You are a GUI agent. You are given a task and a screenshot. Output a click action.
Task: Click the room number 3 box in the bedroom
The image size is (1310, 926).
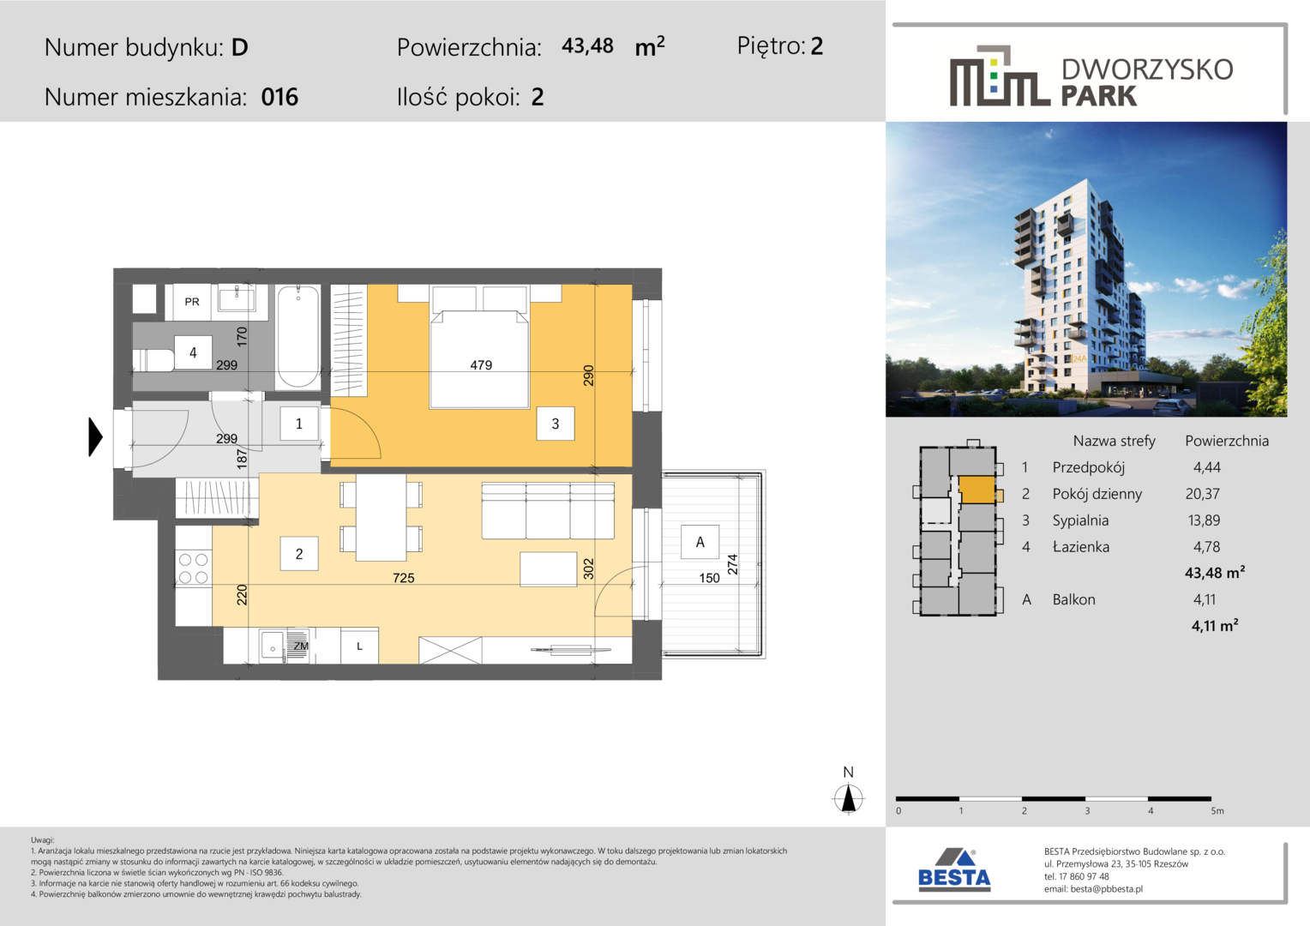click(555, 424)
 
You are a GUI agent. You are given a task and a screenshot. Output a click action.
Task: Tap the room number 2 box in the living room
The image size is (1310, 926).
click(299, 553)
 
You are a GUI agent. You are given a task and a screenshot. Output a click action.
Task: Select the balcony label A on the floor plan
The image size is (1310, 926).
click(700, 542)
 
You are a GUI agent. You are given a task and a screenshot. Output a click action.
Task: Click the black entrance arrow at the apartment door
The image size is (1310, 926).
click(95, 437)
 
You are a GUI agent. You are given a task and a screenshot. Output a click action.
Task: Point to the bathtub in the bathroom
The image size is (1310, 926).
click(297, 337)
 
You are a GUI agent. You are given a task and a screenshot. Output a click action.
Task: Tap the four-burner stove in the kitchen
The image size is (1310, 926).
click(194, 568)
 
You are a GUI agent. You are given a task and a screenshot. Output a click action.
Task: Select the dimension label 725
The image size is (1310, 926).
click(404, 578)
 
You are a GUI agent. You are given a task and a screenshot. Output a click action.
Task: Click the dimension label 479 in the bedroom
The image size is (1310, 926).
click(481, 365)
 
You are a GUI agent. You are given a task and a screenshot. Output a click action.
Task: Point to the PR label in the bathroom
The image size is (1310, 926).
click(192, 302)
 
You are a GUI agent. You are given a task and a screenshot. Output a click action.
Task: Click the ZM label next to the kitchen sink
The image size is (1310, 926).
click(301, 646)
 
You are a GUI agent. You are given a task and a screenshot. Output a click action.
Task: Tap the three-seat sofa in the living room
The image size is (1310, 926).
click(548, 511)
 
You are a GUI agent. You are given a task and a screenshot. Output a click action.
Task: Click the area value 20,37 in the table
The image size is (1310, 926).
click(1202, 494)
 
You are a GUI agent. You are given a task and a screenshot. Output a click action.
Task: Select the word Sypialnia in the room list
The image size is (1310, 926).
click(1080, 520)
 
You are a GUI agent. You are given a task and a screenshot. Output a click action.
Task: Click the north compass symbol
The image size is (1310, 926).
click(849, 798)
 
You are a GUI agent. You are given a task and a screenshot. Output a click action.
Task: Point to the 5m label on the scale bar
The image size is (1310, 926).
click(1217, 811)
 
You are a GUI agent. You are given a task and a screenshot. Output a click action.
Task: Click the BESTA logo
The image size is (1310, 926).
click(954, 869)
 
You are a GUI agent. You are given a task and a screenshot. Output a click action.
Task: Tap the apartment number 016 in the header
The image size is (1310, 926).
click(279, 97)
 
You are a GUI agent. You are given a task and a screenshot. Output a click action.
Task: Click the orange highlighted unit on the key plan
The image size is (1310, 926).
click(976, 490)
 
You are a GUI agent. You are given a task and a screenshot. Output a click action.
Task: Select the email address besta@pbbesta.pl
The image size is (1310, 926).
click(1107, 888)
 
